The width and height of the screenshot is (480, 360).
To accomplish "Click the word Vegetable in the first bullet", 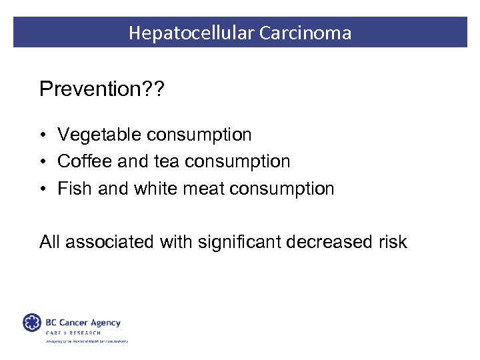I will pyautogui.click(x=100, y=135).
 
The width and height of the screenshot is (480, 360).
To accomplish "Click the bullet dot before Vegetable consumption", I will pyautogui.click(x=42, y=136).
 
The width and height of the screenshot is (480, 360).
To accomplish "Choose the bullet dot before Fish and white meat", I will pyautogui.click(x=42, y=189).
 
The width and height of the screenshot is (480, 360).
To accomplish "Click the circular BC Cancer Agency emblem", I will pyautogui.click(x=31, y=323).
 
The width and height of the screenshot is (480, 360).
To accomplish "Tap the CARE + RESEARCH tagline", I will pyautogui.click(x=73, y=333).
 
